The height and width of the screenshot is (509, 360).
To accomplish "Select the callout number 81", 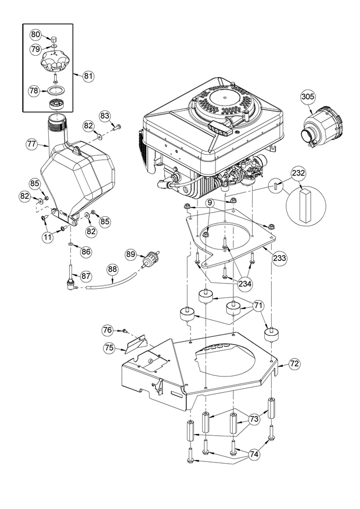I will point(88,76).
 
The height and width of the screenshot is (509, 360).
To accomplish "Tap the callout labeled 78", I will point(34,91).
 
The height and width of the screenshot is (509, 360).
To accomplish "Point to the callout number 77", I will point(33,142).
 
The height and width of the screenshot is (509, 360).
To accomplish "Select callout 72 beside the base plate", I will point(294,364).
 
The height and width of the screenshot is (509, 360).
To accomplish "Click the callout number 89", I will point(131,254).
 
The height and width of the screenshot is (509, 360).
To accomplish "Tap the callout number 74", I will point(254,456).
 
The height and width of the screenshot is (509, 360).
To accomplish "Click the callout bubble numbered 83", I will point(105,116).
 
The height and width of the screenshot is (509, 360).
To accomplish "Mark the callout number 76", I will point(107,330).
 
